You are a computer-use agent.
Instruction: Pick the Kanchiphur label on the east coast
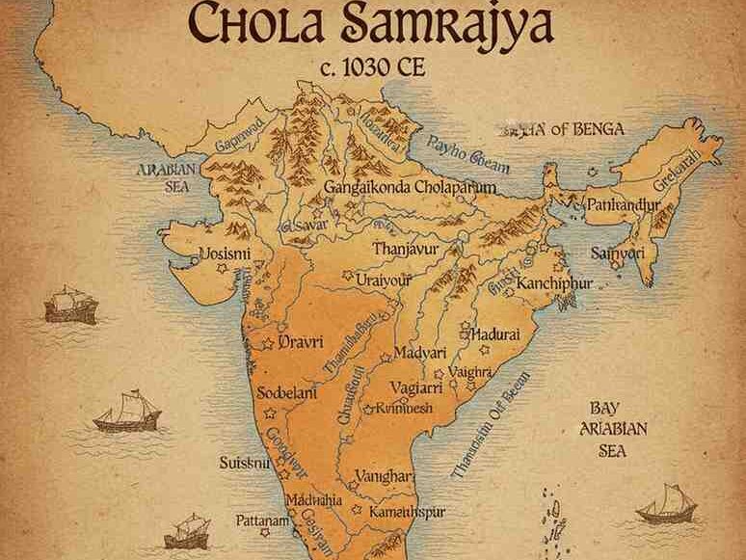coord(553,284)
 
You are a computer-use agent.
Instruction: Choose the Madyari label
coord(423,354)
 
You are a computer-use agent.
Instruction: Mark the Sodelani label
coord(289,394)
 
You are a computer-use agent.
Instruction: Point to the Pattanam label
coord(264,520)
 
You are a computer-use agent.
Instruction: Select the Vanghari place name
coord(385,476)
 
